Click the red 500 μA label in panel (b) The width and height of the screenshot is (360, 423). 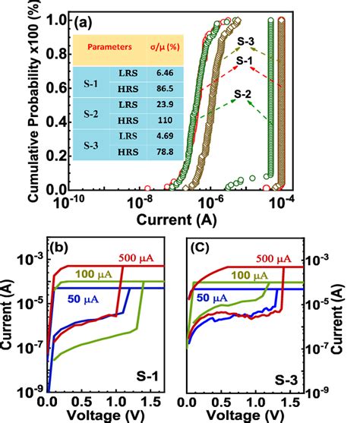click(135, 259)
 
